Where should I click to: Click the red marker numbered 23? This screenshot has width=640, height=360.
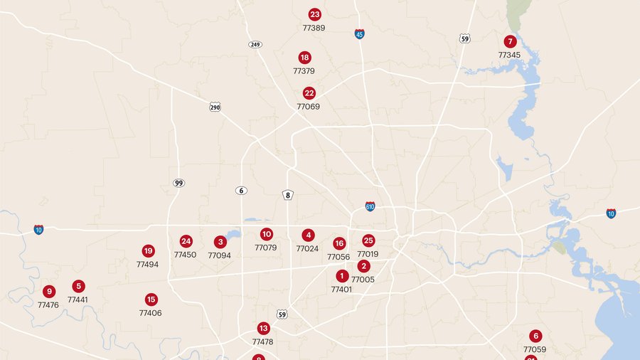coord(315,14)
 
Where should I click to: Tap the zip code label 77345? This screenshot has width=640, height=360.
coord(509,55)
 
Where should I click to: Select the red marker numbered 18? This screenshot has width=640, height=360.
coord(304,58)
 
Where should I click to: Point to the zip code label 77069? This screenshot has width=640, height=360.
coord(309,107)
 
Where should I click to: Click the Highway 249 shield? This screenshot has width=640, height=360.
coord(255,44)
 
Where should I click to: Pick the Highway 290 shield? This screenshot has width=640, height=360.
coord(215,107)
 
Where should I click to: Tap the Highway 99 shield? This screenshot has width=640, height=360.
coord(178,183)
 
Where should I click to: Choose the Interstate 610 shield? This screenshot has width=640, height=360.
coord(370,206)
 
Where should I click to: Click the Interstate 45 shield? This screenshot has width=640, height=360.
coord(360,33)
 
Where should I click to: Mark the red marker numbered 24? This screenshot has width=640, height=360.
coord(186,241)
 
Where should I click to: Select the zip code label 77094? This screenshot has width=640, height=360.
coord(219,255)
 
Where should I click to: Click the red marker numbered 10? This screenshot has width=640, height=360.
coord(267,234)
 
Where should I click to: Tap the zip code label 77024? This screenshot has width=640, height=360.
coord(307,248)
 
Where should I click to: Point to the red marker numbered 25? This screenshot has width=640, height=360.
coord(368,241)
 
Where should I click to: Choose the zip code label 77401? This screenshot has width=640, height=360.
coord(341,290)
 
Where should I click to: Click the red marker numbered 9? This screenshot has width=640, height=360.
coord(48,291)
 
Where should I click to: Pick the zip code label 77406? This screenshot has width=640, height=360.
coord(150,313)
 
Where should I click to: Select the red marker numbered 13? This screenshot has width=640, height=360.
coord(263,328)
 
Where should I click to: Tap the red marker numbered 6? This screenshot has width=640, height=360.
coord(535,336)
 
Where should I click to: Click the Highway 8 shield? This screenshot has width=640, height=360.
coord(288,195)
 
